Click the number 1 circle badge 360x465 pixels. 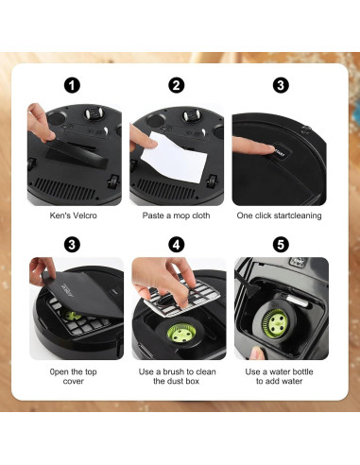tap(72, 85)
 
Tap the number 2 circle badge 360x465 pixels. tap(177, 85)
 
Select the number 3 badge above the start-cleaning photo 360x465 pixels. tap(281, 85)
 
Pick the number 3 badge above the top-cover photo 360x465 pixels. tap(72, 245)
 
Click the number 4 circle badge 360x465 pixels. tap(177, 245)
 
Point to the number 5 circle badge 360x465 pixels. tap(281, 245)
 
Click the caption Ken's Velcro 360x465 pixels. tap(73, 215)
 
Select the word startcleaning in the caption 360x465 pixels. tap(298, 215)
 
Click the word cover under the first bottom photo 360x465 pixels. tap(73, 381)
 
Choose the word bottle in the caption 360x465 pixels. tap(300, 371)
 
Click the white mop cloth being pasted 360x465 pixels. tap(174, 158)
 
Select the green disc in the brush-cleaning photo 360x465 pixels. tap(181, 333)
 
